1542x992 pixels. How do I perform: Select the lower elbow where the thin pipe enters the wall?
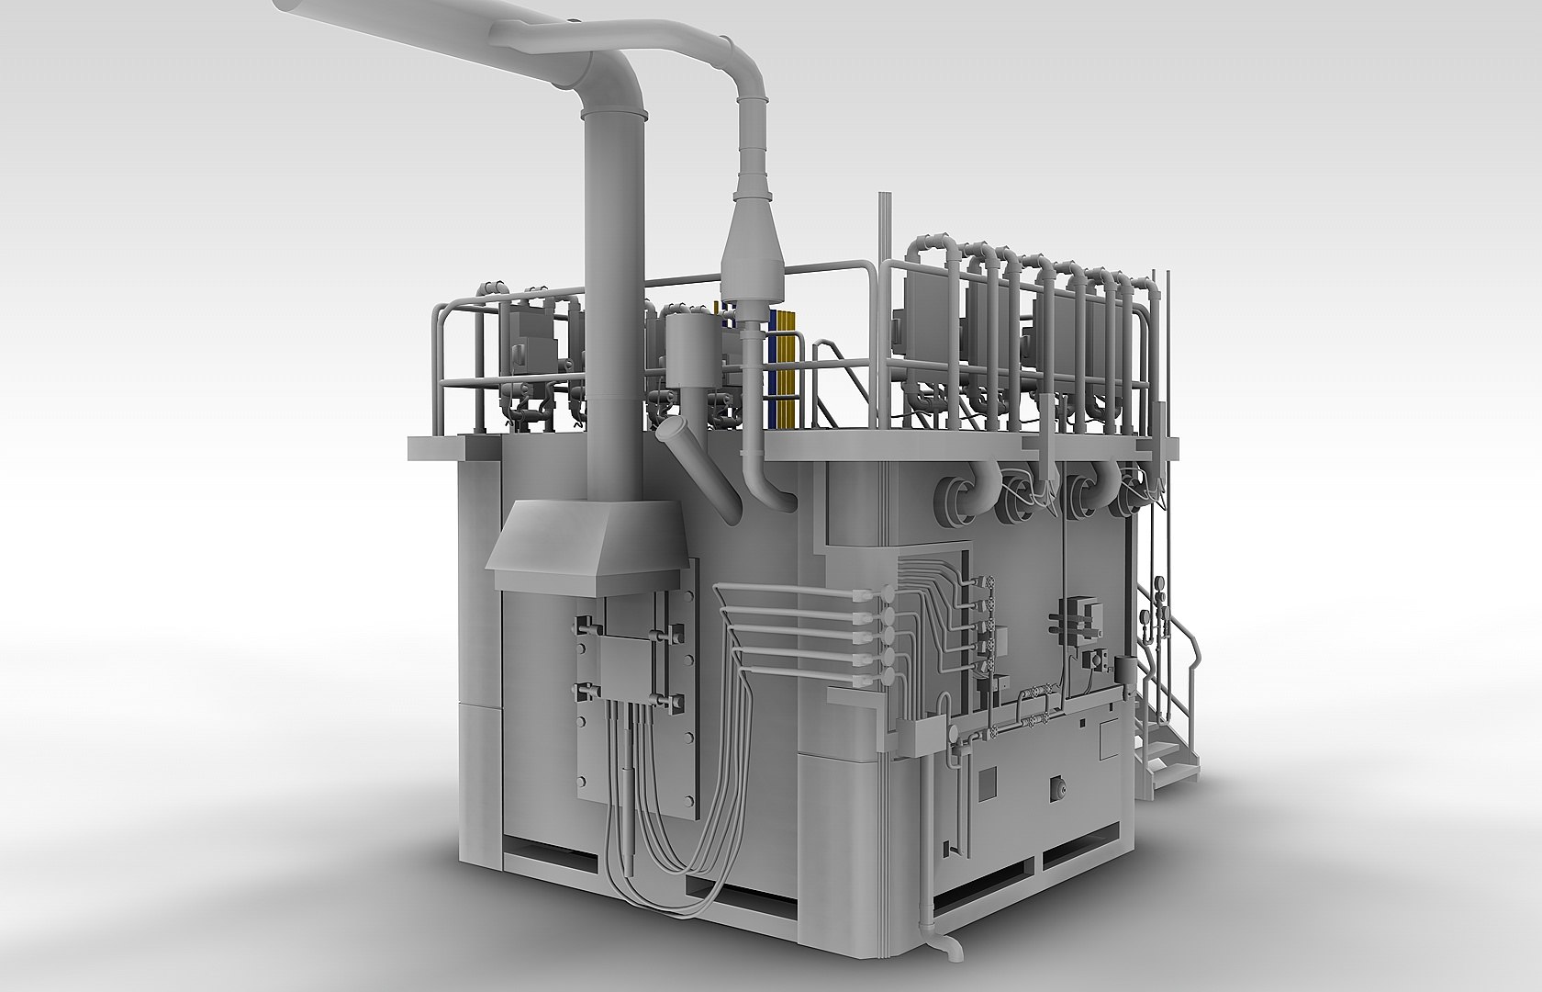[x=777, y=496]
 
